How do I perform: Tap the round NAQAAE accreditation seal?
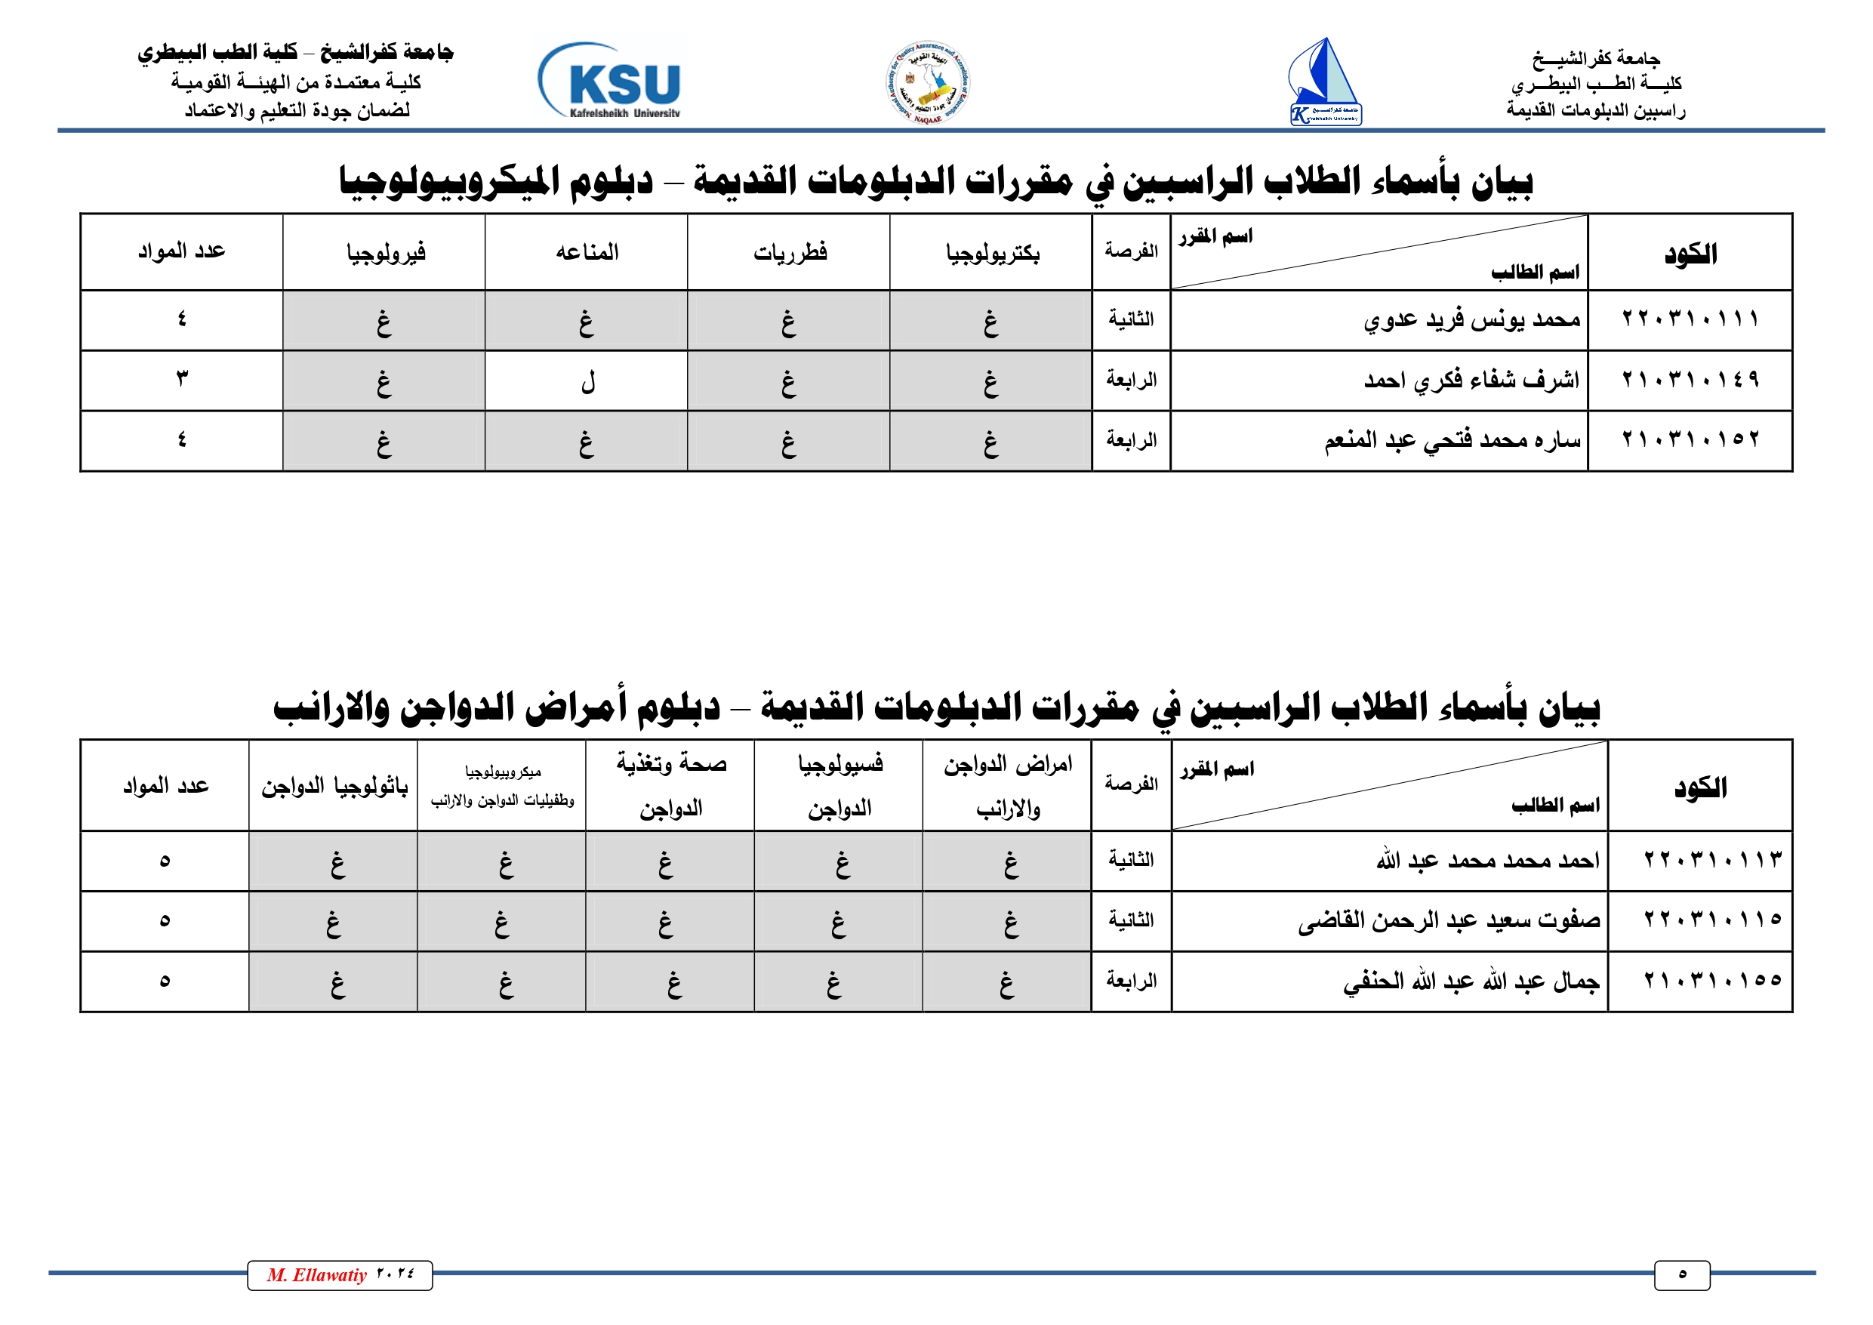tap(929, 83)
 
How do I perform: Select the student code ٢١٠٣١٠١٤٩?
tap(1690, 381)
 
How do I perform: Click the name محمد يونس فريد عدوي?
tap(1471, 320)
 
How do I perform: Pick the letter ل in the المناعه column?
tap(587, 381)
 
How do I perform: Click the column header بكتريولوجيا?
tap(992, 253)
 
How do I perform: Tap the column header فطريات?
tap(790, 253)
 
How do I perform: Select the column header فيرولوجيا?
tap(385, 253)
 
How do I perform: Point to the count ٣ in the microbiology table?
tap(181, 380)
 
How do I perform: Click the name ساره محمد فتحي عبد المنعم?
tap(1452, 441)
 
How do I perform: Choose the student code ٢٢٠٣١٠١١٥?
tap(1711, 920)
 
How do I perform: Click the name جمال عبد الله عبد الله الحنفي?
tap(1471, 981)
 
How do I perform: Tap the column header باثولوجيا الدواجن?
tap(334, 787)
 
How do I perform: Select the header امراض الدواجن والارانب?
tap(1008, 786)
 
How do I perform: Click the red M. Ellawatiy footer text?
tap(316, 1275)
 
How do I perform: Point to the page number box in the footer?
tap(1681, 1275)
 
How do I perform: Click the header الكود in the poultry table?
tap(1700, 787)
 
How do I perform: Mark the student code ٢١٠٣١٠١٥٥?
tap(1711, 981)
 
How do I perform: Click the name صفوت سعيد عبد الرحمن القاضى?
tap(1449, 920)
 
